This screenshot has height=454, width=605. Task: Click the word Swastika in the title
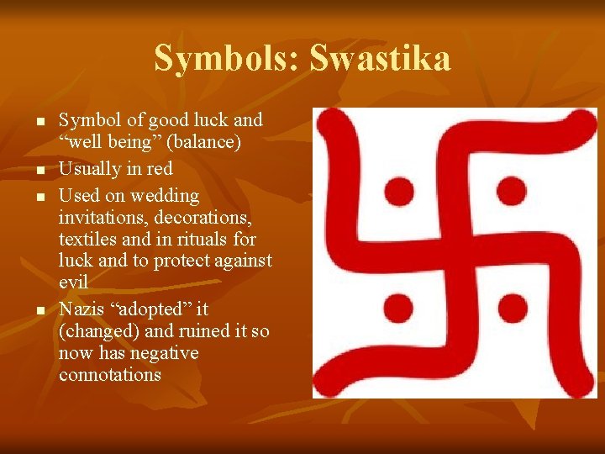[380, 59]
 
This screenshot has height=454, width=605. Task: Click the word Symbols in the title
[228, 59]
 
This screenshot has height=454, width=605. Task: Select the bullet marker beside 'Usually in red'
[39, 172]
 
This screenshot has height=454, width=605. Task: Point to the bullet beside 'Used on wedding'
[39, 198]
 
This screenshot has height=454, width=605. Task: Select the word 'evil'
[73, 282]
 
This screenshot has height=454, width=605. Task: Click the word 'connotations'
[109, 375]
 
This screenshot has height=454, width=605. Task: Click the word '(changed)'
[99, 331]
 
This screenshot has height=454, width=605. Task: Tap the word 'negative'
[165, 353]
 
